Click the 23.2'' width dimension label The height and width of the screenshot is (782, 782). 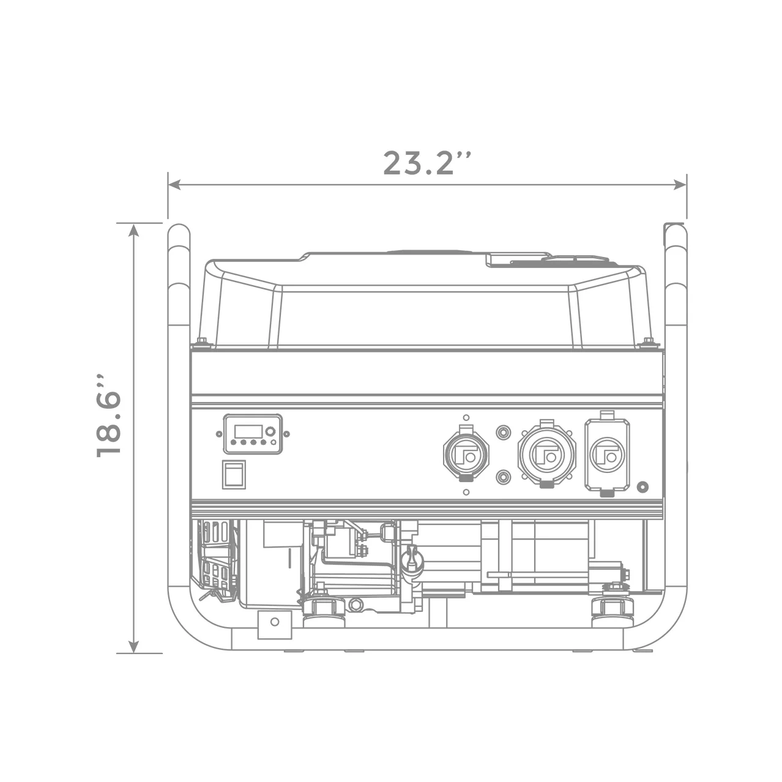pyautogui.click(x=427, y=163)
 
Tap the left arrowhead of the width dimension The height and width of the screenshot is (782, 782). pyautogui.click(x=174, y=184)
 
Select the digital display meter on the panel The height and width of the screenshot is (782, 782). pyautogui.click(x=253, y=434)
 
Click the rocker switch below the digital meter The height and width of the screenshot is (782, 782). pyautogui.click(x=234, y=474)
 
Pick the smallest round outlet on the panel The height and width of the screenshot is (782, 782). pyautogui.click(x=466, y=453)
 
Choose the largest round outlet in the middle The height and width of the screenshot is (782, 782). pyautogui.click(x=546, y=453)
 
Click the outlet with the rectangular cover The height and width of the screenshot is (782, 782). pyautogui.click(x=607, y=453)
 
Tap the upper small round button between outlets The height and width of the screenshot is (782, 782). pyautogui.click(x=503, y=433)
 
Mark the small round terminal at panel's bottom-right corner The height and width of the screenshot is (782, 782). pyautogui.click(x=642, y=487)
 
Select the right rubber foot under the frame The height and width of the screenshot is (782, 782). pyautogui.click(x=613, y=610)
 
